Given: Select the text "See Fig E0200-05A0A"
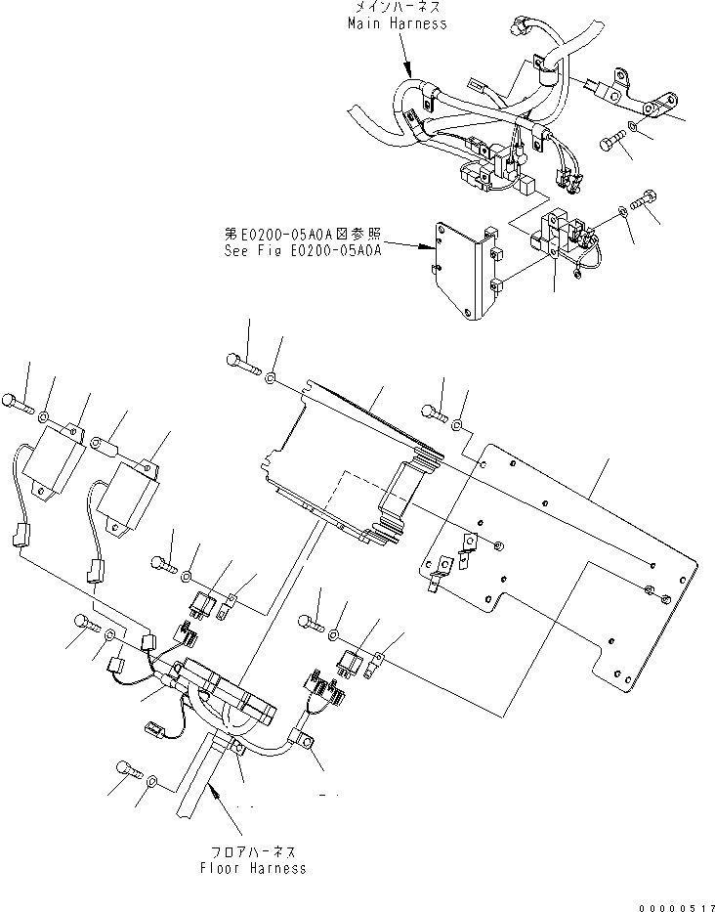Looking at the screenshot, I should coord(301,250).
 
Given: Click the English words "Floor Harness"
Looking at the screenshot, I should coord(252,867).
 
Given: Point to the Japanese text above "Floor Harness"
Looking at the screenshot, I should coord(252,852).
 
